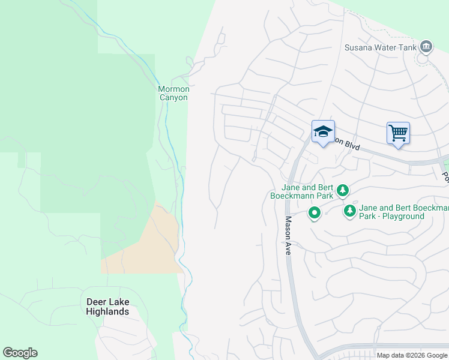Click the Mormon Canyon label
coord(173,93)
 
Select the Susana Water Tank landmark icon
coord(426,46)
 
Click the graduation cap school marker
coord(323,133)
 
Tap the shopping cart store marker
coord(398,133)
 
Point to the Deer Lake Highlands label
coord(107,307)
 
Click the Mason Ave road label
coord(288,236)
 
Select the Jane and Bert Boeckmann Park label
coord(308,191)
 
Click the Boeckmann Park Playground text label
coord(402,212)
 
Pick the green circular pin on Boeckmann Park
coord(314,213)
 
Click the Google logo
coord(20,353)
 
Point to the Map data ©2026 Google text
coord(412,355)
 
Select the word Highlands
coord(107,312)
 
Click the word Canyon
coord(173,97)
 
